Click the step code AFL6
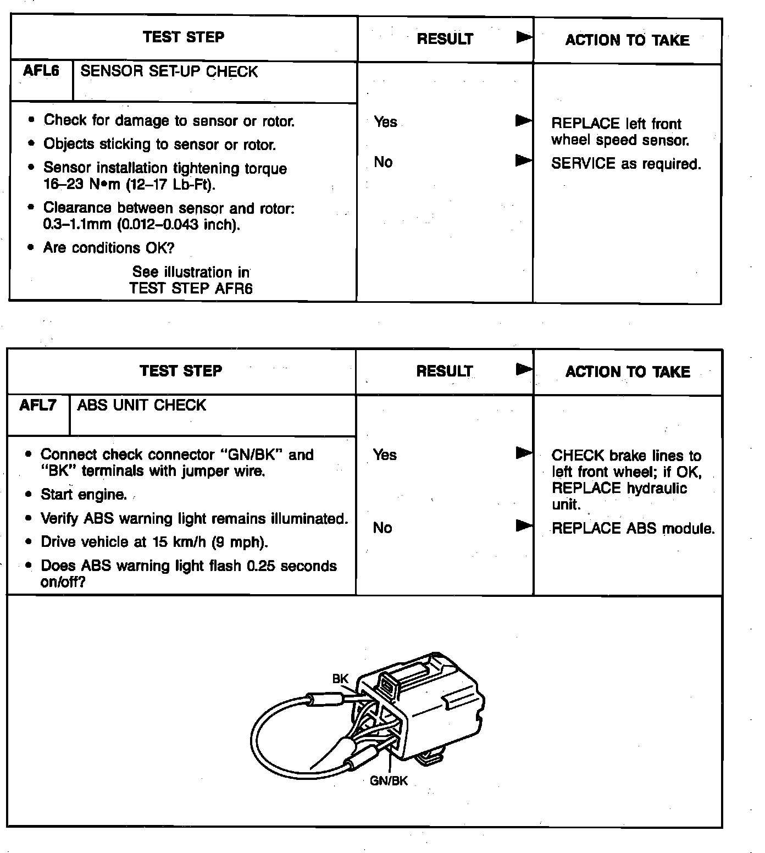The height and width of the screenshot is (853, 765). pos(41,71)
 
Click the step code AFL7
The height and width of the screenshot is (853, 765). pos(38,405)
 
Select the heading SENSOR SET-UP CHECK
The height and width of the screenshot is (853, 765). pos(169,72)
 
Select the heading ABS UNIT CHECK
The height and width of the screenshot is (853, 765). pos(141,405)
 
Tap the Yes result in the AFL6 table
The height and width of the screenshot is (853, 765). pos(385,121)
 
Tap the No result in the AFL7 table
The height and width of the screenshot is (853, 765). pos(382,528)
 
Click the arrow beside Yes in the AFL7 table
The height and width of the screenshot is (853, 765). pos(524,453)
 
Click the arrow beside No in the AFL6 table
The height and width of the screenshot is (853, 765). pos(524,161)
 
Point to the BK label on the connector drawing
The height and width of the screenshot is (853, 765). pos(340,679)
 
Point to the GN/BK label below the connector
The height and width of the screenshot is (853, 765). pos(389,781)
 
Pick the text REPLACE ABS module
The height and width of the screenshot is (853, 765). pos(633,529)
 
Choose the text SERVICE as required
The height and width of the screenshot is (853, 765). pos(626,164)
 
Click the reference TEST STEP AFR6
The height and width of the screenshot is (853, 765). pos(191,288)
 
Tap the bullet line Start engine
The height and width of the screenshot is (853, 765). pos(84,495)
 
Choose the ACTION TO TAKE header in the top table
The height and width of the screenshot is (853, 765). pos(627,40)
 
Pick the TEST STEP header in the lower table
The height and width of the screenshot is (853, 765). pos(181,370)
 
